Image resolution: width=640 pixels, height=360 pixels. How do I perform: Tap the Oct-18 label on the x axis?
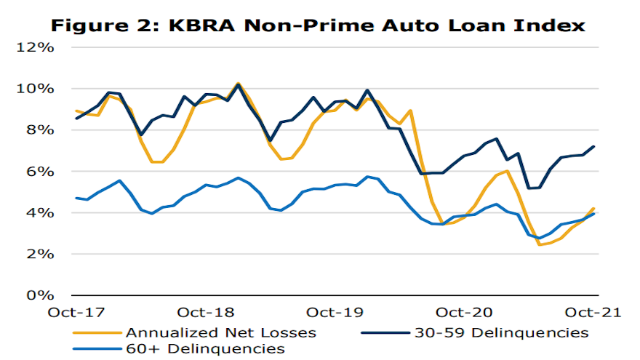pyautogui.click(x=207, y=313)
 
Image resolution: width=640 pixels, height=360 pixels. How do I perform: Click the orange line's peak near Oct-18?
pyautogui.click(x=238, y=84)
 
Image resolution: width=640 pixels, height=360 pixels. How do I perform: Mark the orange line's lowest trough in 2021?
pyautogui.click(x=540, y=244)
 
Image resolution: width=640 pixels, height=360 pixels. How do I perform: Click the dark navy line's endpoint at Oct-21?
pyautogui.click(x=595, y=146)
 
